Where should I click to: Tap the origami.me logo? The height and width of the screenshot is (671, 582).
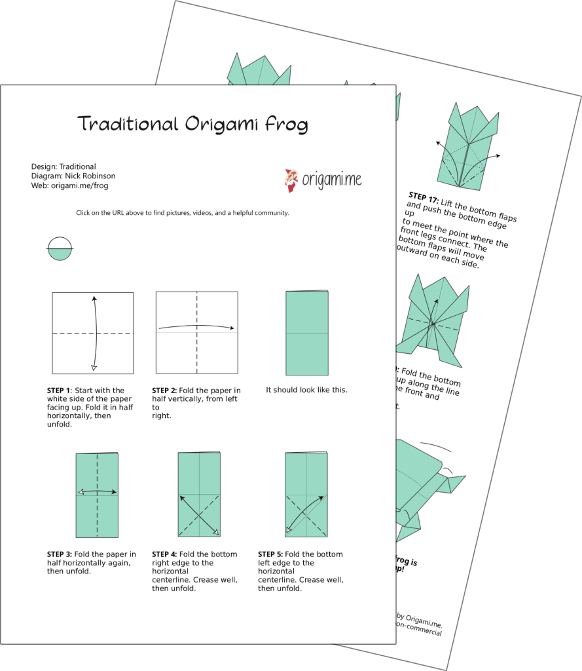click(x=323, y=180)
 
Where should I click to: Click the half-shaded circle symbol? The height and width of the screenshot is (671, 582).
click(x=60, y=249)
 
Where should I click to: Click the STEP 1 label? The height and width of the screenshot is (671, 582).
click(x=60, y=391)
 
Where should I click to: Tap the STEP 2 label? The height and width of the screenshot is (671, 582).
click(x=164, y=391)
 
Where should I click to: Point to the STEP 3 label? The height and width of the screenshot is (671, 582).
click(x=60, y=554)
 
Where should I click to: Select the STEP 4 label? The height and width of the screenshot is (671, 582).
click(x=164, y=554)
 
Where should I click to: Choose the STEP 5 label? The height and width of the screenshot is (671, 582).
click(x=270, y=554)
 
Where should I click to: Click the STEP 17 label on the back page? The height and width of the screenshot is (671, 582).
click(x=423, y=197)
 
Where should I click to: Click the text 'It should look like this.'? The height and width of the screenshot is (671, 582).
click(x=306, y=390)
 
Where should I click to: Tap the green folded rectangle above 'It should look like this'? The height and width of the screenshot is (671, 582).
click(x=307, y=333)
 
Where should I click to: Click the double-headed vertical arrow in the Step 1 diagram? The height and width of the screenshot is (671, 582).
click(x=96, y=333)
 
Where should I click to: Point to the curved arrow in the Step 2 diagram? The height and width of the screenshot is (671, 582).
click(x=196, y=326)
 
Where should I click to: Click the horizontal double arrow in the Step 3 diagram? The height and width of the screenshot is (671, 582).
click(x=97, y=491)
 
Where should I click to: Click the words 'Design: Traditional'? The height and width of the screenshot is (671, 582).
click(x=64, y=166)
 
